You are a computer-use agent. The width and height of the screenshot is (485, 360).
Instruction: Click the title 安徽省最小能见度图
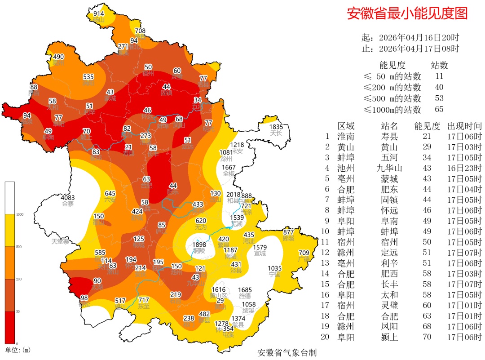click(x=407, y=13)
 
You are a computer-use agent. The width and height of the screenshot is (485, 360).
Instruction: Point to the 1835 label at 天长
click(x=276, y=127)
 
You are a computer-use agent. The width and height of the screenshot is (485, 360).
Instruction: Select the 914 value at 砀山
click(x=99, y=14)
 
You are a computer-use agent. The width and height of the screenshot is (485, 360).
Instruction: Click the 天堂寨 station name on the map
click(x=60, y=241)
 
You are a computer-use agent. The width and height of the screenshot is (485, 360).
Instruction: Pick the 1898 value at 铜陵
click(x=199, y=244)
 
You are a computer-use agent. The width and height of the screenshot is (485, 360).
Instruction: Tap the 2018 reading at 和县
click(x=234, y=195)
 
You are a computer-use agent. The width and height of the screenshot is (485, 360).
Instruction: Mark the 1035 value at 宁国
click(x=274, y=268)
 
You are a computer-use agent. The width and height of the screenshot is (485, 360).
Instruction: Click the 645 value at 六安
click(x=110, y=193)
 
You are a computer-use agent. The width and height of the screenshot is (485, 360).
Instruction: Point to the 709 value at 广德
click(x=304, y=253)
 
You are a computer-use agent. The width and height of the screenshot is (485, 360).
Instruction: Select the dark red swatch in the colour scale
click(x=9, y=327)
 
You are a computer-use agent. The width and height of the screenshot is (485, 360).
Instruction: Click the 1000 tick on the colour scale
click(x=19, y=214)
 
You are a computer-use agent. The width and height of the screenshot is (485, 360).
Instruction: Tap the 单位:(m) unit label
click(x=18, y=350)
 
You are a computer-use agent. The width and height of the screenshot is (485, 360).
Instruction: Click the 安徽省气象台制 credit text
click(x=287, y=352)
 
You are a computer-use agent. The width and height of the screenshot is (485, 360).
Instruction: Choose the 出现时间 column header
click(x=464, y=126)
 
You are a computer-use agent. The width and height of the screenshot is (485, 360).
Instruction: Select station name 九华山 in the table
click(x=389, y=168)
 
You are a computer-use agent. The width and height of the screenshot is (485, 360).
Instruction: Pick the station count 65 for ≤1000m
click(x=439, y=109)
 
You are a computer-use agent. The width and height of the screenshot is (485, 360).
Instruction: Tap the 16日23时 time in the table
click(x=464, y=168)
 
